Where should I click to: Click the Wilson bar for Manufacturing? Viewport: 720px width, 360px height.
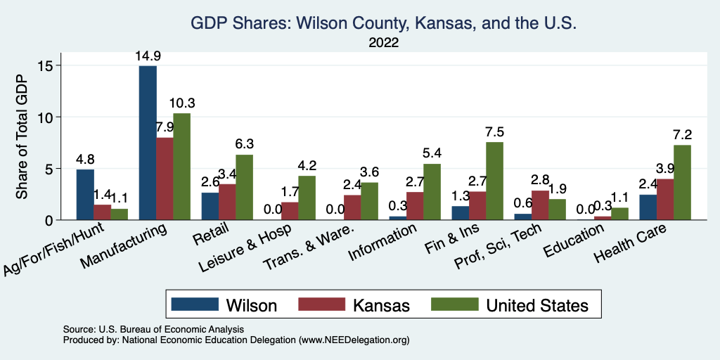click(148, 143)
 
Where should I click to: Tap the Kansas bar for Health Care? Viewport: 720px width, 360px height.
click(665, 200)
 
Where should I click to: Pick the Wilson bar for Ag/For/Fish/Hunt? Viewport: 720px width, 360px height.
click(84, 195)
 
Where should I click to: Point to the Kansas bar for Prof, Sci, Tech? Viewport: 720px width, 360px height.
click(540, 205)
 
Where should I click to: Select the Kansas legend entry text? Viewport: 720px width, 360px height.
click(380, 305)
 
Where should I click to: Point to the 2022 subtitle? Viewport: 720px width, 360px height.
click(383, 44)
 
